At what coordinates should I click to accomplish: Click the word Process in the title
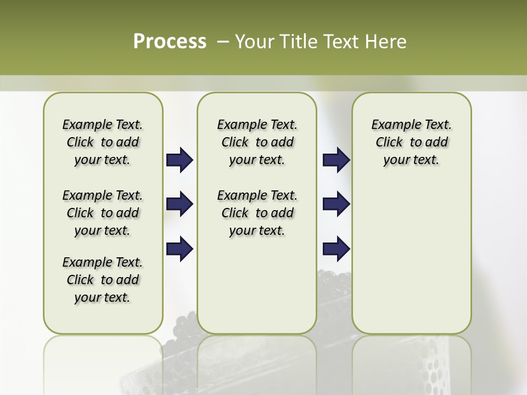pyautogui.click(x=170, y=42)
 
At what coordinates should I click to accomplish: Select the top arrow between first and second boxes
pyautogui.click(x=180, y=160)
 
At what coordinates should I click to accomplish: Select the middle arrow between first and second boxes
pyautogui.click(x=180, y=205)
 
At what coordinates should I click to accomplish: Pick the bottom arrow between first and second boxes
pyautogui.click(x=180, y=249)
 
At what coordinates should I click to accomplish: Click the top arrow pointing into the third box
pyautogui.click(x=336, y=160)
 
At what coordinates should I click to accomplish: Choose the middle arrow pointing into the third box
pyautogui.click(x=336, y=205)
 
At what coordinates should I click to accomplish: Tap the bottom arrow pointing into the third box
pyautogui.click(x=336, y=249)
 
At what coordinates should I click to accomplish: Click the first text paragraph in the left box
pyautogui.click(x=103, y=142)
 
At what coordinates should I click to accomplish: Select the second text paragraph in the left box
pyautogui.click(x=103, y=213)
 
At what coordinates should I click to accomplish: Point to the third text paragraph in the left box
pyautogui.click(x=103, y=280)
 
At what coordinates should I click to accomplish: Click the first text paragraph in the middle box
pyautogui.click(x=257, y=142)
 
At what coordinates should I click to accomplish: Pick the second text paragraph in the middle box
pyautogui.click(x=257, y=213)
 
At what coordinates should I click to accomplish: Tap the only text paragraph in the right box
pyautogui.click(x=411, y=142)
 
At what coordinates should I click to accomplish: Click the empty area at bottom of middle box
pyautogui.click(x=257, y=296)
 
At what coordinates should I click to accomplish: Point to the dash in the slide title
pyautogui.click(x=223, y=42)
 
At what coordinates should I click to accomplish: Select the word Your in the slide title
pyautogui.click(x=255, y=42)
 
